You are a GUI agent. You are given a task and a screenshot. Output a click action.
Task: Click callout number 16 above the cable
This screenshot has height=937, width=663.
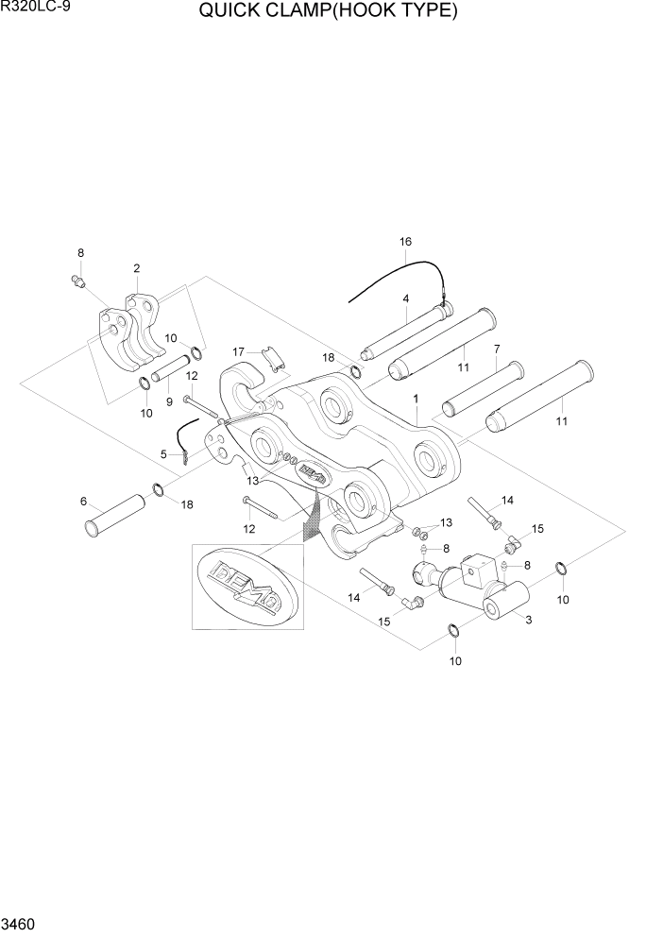click(x=405, y=242)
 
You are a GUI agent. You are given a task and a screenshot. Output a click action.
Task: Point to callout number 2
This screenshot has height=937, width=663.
click(x=137, y=269)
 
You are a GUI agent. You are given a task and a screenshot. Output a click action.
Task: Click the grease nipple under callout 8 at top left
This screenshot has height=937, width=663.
click(x=77, y=281)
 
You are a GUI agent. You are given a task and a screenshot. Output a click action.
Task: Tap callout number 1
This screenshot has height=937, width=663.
click(x=415, y=400)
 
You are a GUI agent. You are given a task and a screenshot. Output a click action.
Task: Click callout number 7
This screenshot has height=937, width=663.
click(x=495, y=349)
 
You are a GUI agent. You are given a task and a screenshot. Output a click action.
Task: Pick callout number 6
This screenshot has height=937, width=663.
click(x=83, y=501)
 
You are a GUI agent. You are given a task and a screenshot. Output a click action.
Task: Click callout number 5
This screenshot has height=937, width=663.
click(x=163, y=454)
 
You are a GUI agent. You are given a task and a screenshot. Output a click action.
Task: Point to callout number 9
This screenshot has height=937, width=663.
click(x=170, y=400)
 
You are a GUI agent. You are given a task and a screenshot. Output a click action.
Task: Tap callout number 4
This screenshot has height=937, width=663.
click(x=405, y=299)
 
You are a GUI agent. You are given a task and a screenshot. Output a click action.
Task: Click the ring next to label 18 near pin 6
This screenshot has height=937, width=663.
click(x=157, y=489)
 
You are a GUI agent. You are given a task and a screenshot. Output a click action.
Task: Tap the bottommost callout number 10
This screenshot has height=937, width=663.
click(x=455, y=661)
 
